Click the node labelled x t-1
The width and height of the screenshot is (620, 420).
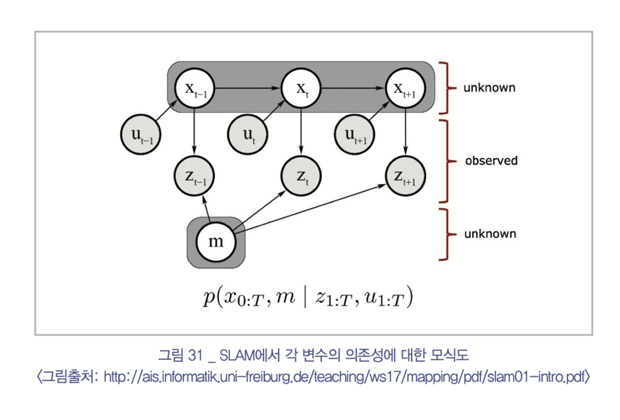click(x=194, y=89)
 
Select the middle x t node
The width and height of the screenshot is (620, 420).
click(x=301, y=89)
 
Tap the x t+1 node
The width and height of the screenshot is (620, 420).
click(x=405, y=89)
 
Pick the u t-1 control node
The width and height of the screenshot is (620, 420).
click(x=140, y=134)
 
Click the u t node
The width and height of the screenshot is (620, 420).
click(x=248, y=134)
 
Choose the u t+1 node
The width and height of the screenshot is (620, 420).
click(x=354, y=134)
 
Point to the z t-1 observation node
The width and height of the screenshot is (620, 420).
click(x=194, y=176)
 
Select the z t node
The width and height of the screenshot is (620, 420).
click(x=301, y=176)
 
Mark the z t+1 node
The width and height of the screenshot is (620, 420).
click(x=405, y=176)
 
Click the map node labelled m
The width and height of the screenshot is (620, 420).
click(x=216, y=242)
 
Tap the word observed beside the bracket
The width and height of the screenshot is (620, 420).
click(x=491, y=161)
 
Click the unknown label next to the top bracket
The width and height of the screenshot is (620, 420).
click(x=489, y=88)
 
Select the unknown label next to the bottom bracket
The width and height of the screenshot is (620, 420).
click(x=490, y=234)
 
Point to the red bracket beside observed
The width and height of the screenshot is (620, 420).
click(x=446, y=161)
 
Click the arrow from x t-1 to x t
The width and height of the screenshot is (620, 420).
click(x=248, y=88)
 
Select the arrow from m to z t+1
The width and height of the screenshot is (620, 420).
click(x=310, y=208)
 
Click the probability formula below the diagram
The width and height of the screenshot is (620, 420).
click(x=308, y=298)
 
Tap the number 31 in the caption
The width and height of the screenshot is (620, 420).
click(x=195, y=355)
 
